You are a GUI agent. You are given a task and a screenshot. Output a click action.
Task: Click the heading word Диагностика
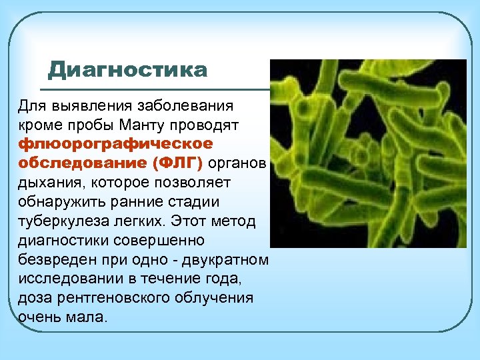click(128, 70)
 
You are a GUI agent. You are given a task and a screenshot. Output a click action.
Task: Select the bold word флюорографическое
click(107, 145)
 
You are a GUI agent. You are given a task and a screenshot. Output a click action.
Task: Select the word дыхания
click(43, 182)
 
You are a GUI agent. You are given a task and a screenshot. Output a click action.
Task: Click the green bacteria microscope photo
click(368, 153)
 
